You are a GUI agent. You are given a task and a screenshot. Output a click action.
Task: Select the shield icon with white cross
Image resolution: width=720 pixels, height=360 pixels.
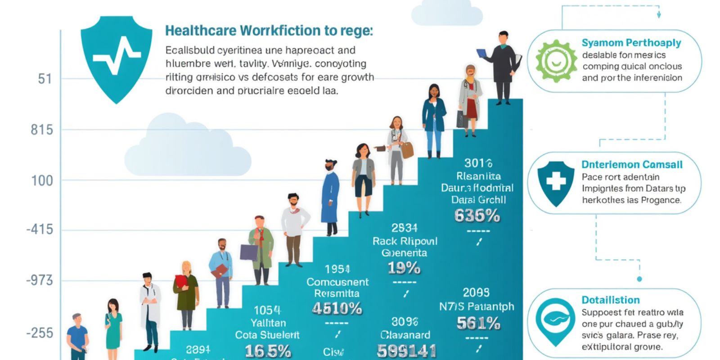click(556, 182)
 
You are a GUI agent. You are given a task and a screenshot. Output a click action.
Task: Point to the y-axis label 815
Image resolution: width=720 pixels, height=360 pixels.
click(42, 130)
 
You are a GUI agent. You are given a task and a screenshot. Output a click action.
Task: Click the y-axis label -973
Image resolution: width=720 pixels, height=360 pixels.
click(40, 281)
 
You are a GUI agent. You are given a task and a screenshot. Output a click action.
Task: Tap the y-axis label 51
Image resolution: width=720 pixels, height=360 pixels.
click(45, 79)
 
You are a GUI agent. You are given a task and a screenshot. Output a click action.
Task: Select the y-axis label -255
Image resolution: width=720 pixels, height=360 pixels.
click(40, 333)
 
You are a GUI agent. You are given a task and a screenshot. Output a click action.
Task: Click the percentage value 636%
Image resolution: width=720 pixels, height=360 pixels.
click(477, 216)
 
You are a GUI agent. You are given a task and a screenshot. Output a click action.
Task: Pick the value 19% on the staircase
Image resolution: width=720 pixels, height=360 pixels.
click(404, 268)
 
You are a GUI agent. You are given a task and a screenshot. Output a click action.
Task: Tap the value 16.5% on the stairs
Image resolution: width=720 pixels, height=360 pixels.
click(268, 351)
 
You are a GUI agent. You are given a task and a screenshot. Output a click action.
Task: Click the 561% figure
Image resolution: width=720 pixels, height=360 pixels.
click(478, 323)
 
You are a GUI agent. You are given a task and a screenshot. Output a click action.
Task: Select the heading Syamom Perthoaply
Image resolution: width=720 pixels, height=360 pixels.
click(631, 43)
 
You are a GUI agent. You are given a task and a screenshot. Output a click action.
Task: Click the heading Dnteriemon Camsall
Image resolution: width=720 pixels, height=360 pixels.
click(632, 165)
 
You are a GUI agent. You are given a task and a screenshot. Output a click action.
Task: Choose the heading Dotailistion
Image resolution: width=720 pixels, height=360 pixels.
click(610, 300)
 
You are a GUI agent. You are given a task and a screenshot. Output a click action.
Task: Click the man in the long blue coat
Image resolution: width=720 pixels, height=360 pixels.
click(330, 197)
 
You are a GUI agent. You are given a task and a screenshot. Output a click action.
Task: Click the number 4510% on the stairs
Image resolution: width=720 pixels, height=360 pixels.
click(337, 308)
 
